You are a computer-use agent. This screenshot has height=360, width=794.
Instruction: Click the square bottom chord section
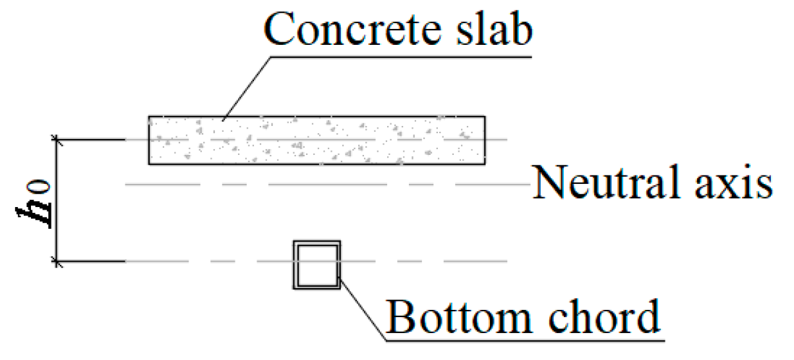pos(317,264)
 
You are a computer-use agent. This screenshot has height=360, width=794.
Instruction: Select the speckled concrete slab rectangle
pos(317,140)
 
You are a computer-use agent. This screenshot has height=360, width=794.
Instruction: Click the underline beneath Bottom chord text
pos(528,339)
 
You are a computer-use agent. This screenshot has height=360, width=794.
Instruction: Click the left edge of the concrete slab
pos(149,140)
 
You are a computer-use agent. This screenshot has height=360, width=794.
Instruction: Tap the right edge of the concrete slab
pos(485,140)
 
